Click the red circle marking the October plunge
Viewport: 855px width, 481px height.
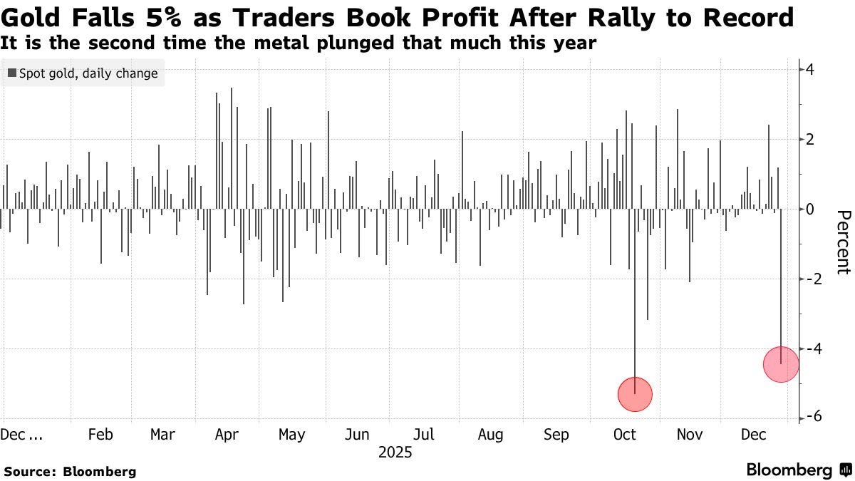pyautogui.click(x=634, y=394)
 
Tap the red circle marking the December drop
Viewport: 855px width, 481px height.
pyautogui.click(x=781, y=364)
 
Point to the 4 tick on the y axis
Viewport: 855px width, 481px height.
pyautogui.click(x=811, y=70)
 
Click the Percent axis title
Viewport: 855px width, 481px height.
pyautogui.click(x=842, y=242)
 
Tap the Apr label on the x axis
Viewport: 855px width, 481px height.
pyautogui.click(x=227, y=435)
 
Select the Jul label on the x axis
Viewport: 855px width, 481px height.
pyautogui.click(x=425, y=435)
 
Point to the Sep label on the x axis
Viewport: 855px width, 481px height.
pyautogui.click(x=557, y=435)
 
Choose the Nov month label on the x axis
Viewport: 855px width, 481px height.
pyautogui.click(x=689, y=435)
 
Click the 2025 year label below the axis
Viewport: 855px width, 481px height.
pyautogui.click(x=395, y=452)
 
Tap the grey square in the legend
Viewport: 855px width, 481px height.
pyautogui.click(x=12, y=73)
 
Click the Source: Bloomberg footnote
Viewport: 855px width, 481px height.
pyautogui.click(x=70, y=471)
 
